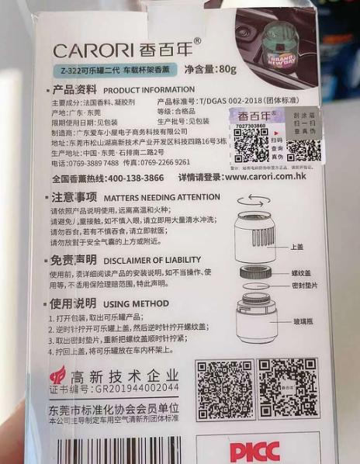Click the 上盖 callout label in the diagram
click(296, 248)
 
